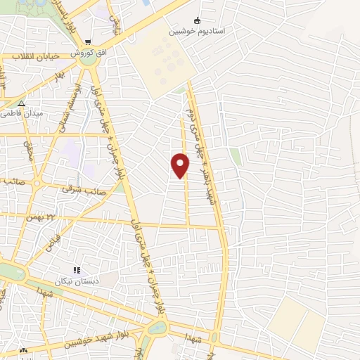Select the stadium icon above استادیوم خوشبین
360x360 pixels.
(x=197, y=20)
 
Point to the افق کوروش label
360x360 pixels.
(x=88, y=53)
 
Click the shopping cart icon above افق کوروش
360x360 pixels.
(x=88, y=42)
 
